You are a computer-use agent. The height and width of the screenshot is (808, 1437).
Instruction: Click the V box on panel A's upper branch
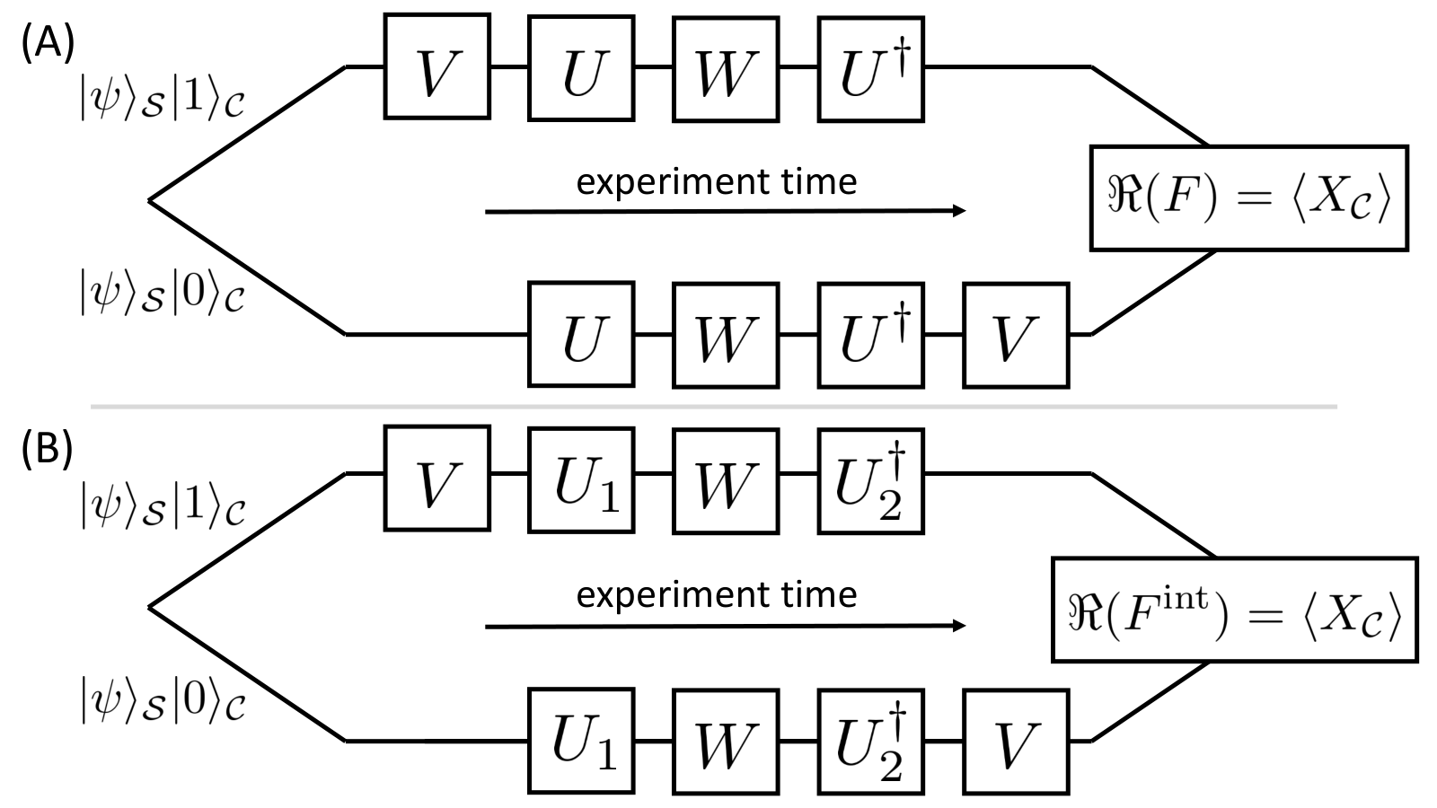tap(436, 66)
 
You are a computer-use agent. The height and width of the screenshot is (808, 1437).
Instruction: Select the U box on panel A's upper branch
tap(581, 68)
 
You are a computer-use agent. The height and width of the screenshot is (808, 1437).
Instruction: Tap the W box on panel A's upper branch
tap(726, 68)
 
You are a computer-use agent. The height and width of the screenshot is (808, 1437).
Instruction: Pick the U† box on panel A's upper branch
tap(870, 68)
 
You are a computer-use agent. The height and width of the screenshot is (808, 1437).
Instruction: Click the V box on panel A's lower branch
tap(1016, 335)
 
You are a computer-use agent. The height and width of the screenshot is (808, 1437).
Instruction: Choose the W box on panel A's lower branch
tap(726, 335)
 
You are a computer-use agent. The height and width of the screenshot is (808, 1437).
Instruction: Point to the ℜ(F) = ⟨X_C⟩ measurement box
tap(1249, 198)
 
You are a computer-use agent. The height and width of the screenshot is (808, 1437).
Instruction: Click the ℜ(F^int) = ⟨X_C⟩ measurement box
tap(1234, 610)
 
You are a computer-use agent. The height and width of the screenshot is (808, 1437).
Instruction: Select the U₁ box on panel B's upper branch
tap(581, 480)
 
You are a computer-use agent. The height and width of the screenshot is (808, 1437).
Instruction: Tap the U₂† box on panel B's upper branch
tap(870, 481)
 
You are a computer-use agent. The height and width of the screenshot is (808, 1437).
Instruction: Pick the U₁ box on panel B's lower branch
tap(581, 741)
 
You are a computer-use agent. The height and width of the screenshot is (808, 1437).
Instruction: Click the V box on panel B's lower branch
tap(1016, 742)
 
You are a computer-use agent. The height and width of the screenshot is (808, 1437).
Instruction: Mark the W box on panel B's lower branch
tap(726, 742)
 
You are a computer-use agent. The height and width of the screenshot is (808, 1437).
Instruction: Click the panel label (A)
tap(48, 45)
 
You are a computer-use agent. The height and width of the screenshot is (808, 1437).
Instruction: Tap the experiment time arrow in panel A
tap(725, 211)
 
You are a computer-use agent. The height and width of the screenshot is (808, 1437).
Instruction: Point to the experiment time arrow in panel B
tap(725, 626)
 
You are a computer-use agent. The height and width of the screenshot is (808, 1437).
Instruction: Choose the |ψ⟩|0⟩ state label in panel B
tap(163, 701)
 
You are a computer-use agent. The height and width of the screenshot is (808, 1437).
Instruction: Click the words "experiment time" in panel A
tap(717, 182)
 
